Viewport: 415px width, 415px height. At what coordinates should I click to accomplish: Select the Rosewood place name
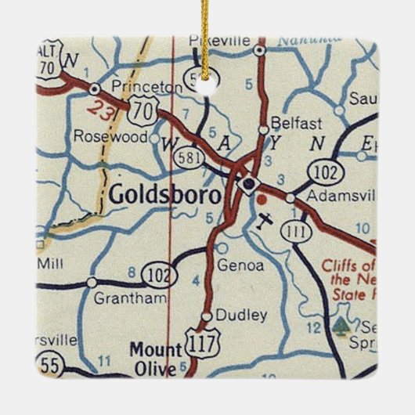pos(110,136)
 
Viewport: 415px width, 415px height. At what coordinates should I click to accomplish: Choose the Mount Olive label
pos(156,356)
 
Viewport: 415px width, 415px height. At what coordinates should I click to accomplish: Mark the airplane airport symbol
pos(266,219)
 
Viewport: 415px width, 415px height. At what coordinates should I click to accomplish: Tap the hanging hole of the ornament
pos(207,87)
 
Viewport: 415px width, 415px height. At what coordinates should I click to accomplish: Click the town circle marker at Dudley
pos(206,316)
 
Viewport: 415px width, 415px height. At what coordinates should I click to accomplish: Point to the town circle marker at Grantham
pos(92,281)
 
